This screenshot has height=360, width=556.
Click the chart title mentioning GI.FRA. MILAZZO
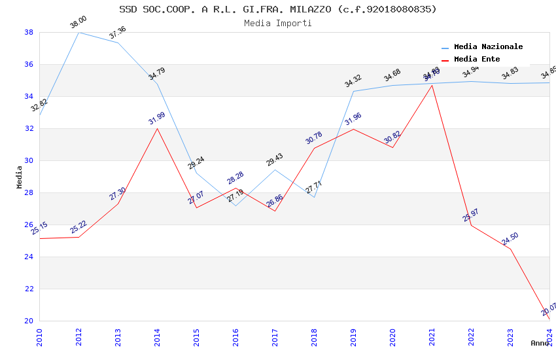coord(277,9)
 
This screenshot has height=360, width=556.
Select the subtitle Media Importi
coord(277,23)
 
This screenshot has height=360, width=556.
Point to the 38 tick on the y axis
coord(29,32)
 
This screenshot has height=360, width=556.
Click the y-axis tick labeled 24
coord(29,257)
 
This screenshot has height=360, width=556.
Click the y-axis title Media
coord(19,177)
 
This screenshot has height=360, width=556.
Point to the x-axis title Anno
coord(540,343)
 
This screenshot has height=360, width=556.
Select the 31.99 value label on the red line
coord(157,118)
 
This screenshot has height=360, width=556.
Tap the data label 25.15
coord(39,228)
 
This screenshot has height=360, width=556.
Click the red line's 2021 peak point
coord(432,85)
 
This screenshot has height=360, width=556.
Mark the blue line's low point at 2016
coord(235,206)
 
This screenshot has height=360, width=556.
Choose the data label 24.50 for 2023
coord(510,239)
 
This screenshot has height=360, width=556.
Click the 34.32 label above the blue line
coord(353,81)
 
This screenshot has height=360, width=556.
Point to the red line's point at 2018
coord(314,148)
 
